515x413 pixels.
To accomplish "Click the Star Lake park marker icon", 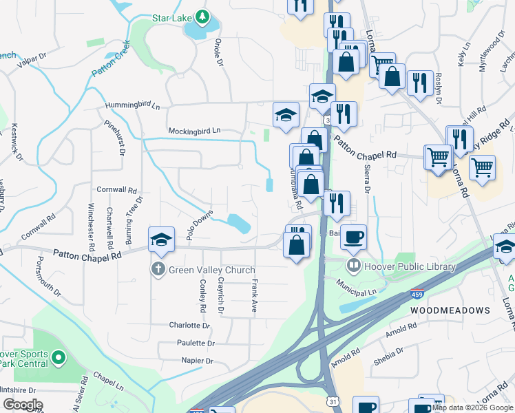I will (201, 16).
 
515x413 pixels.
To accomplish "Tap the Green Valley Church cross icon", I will (158, 270).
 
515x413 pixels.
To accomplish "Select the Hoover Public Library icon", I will (353, 266).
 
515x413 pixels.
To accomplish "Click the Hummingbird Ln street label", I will (132, 106).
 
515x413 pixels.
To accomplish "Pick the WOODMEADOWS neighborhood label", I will (450, 310).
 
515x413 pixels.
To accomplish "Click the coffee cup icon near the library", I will (353, 237).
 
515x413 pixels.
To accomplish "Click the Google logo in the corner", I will (23, 404).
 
